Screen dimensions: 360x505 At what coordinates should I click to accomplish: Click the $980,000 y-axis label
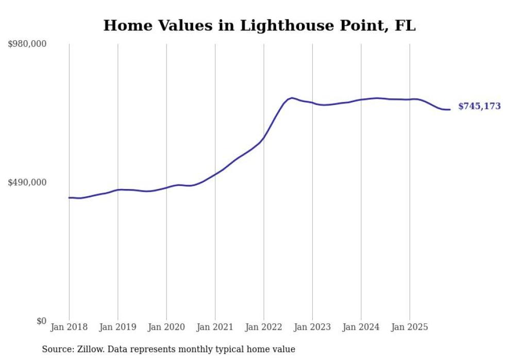[x=27, y=44]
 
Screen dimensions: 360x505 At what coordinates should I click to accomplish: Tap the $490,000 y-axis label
[x=27, y=182]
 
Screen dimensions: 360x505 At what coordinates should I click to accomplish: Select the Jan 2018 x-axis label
[x=69, y=327]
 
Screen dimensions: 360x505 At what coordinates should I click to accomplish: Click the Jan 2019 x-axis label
[x=117, y=327]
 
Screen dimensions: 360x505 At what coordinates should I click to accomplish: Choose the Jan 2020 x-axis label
[x=166, y=327]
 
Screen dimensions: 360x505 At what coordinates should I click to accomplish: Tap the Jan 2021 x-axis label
[x=215, y=327]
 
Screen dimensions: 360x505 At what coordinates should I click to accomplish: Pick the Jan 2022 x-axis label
[x=264, y=327]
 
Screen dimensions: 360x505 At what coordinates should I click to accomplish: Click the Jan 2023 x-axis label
[x=312, y=327]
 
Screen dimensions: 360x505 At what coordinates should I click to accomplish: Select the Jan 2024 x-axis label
[x=361, y=327]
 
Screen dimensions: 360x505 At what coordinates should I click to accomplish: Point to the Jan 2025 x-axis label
[x=410, y=327]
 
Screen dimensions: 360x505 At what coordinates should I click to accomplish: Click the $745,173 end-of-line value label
[x=479, y=107]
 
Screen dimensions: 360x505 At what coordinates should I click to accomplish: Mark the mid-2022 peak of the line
[x=292, y=97]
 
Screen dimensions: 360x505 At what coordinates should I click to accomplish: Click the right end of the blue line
[x=450, y=109]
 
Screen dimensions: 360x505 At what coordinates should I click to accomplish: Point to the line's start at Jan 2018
[x=69, y=197]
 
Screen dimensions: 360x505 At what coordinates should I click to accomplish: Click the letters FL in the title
[x=405, y=26]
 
